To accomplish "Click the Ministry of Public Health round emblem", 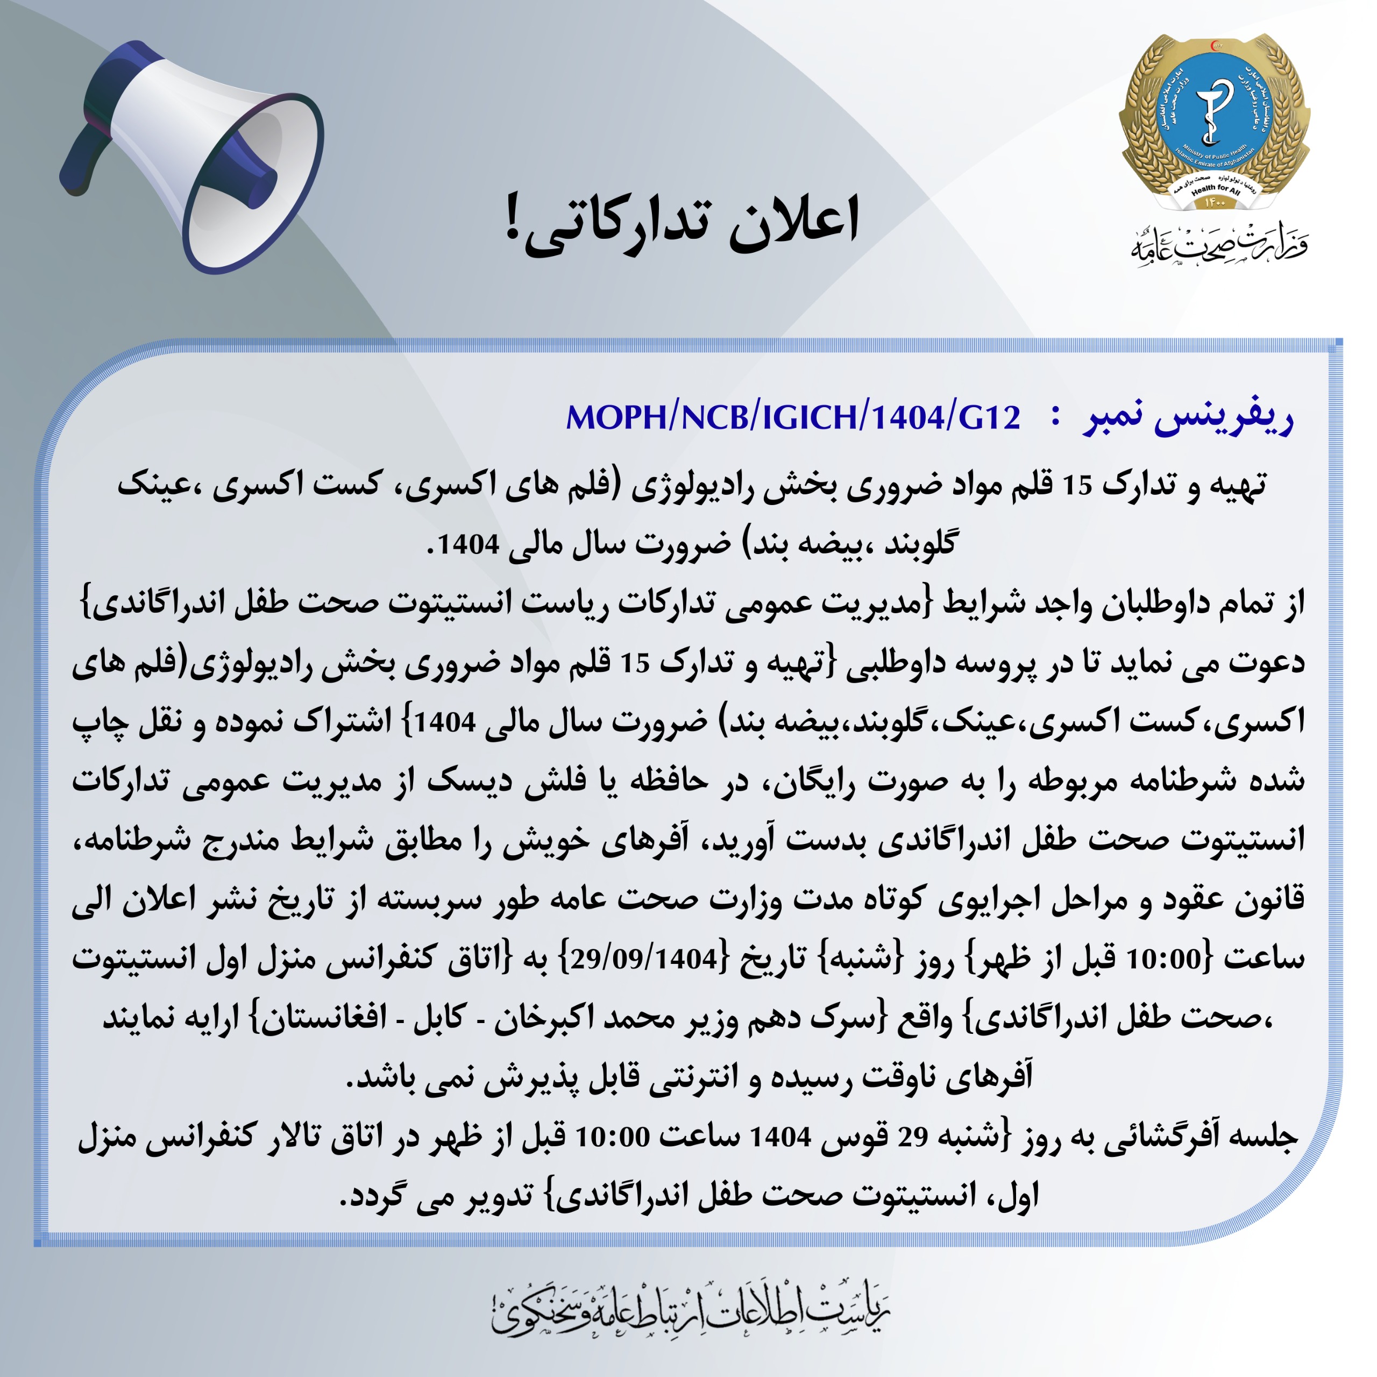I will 1214,121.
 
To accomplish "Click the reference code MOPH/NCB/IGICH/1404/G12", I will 792,417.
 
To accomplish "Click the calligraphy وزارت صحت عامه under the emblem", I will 1219,246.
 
